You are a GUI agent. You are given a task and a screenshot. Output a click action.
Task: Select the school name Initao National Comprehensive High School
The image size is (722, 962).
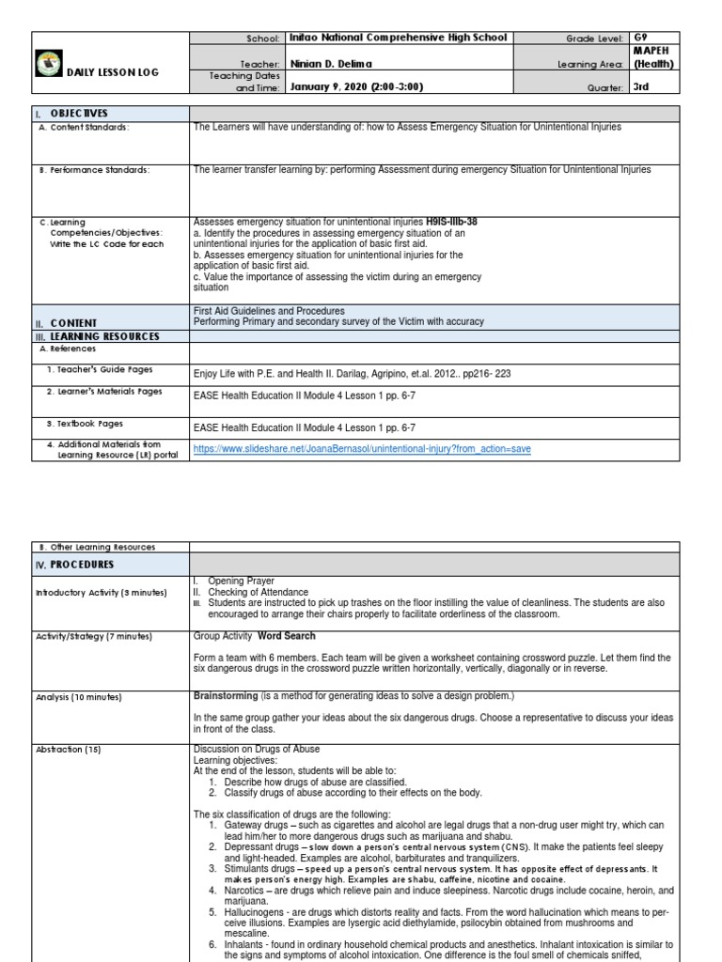click(398, 38)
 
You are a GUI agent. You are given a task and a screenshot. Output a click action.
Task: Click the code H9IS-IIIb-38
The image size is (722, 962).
click(451, 222)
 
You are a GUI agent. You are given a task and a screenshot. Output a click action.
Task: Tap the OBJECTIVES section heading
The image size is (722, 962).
click(78, 113)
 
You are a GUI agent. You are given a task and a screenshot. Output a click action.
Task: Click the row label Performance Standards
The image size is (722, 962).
click(94, 170)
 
